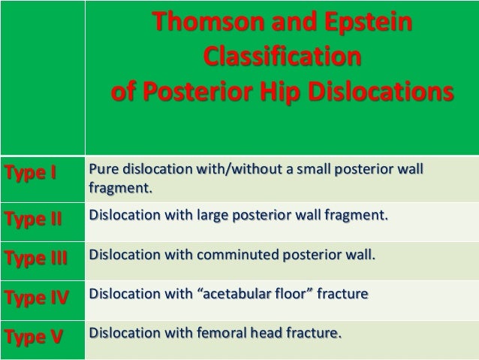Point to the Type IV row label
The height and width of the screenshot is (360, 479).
(x=36, y=297)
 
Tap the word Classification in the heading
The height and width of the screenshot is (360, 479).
(x=282, y=58)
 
